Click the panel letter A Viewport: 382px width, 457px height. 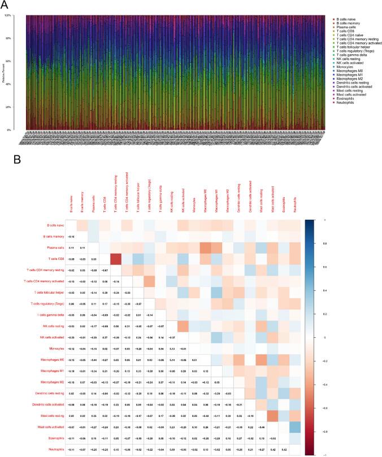5,4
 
